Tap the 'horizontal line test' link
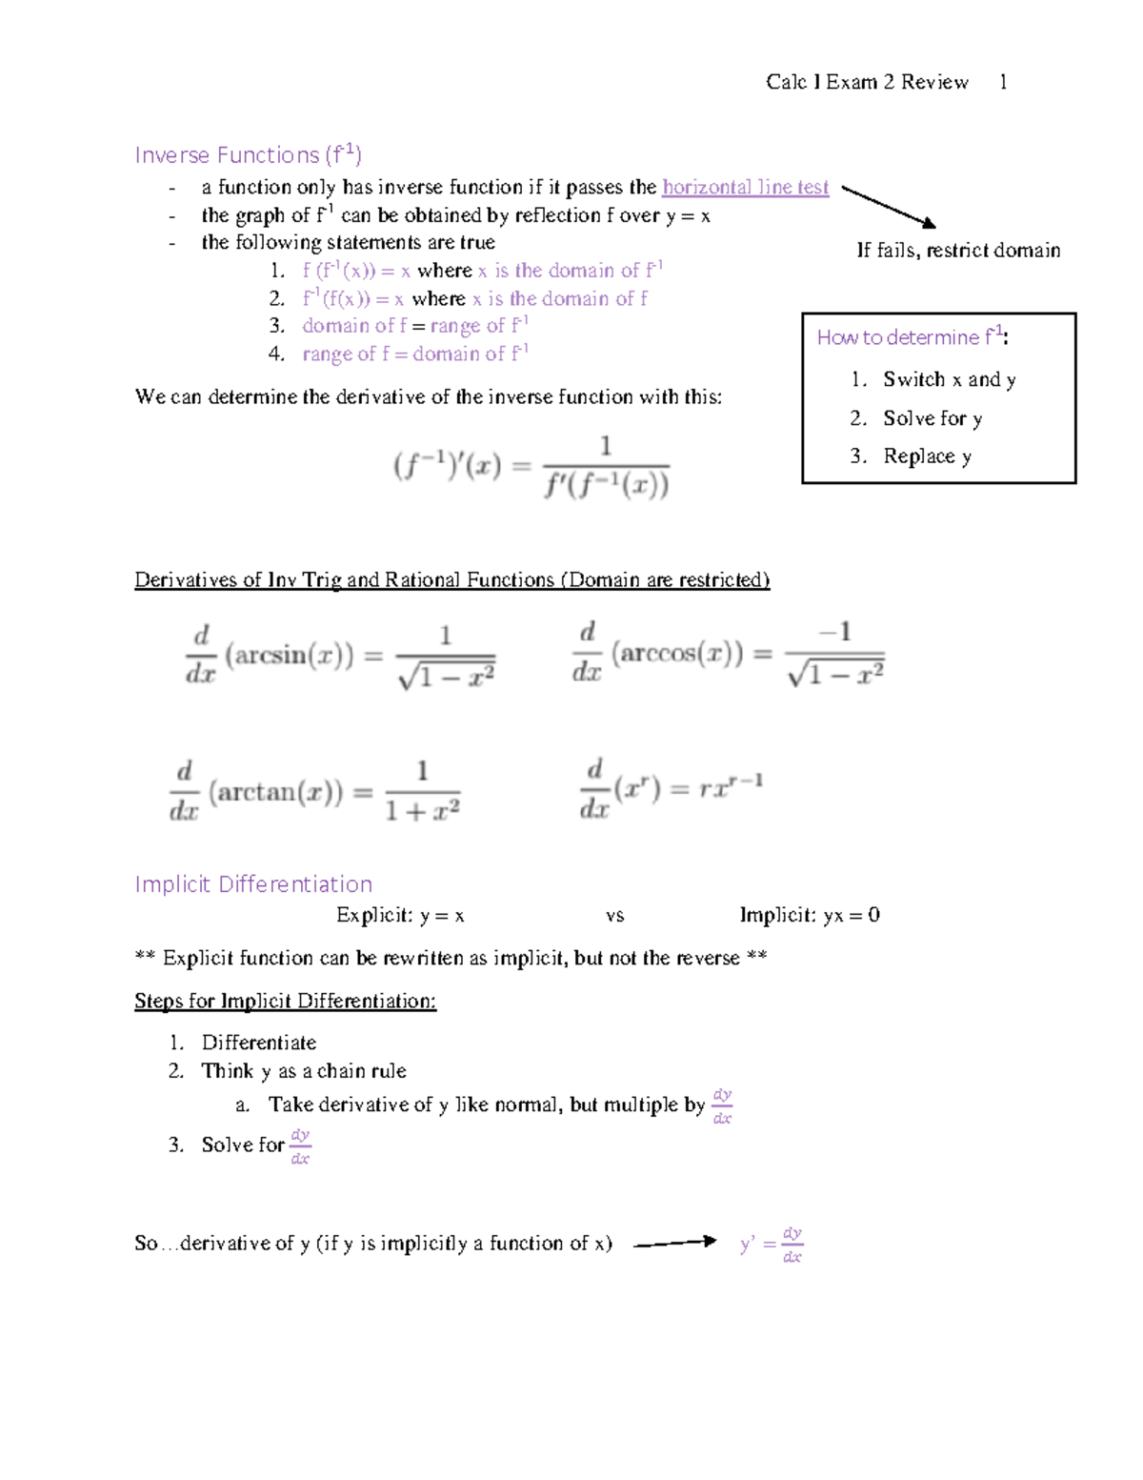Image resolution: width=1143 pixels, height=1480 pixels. click(745, 187)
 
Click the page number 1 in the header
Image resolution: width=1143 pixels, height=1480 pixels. click(1003, 82)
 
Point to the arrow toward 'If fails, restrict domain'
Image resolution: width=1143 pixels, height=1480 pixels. click(889, 207)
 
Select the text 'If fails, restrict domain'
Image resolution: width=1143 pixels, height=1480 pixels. click(957, 250)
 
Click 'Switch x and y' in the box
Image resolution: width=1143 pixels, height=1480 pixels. click(949, 379)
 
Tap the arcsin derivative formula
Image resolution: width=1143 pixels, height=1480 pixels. click(340, 655)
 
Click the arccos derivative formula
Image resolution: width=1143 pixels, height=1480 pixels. click(728, 654)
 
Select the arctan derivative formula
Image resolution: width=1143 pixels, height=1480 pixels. click(314, 791)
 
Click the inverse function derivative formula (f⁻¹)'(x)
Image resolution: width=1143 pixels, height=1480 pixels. click(531, 467)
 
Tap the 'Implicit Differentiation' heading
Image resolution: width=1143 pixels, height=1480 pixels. click(253, 883)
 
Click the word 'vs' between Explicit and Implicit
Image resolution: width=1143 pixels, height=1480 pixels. click(614, 915)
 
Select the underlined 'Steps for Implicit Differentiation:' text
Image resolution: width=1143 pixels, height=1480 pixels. click(285, 1000)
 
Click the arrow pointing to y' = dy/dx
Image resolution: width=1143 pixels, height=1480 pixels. click(674, 1242)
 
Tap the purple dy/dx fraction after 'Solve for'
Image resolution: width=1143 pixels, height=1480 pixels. click(300, 1145)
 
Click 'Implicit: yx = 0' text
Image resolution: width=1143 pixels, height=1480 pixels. click(810, 915)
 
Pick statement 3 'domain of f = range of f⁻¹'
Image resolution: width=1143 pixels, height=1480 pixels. click(415, 326)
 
